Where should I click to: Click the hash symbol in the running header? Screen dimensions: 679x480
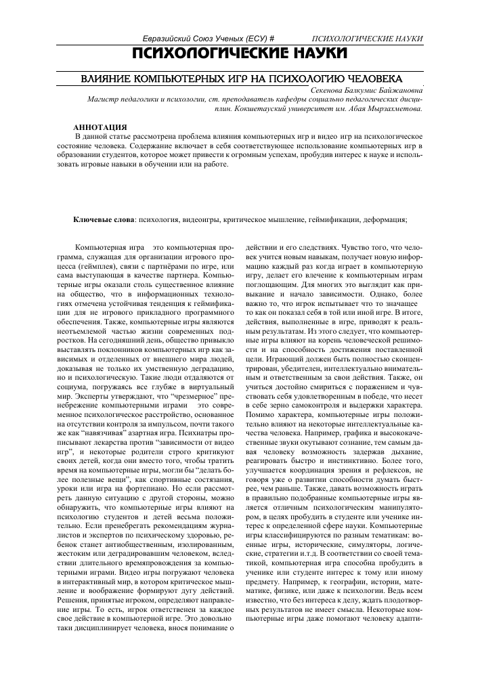pos(271,40)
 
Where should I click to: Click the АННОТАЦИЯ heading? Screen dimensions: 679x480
pos(99,127)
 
